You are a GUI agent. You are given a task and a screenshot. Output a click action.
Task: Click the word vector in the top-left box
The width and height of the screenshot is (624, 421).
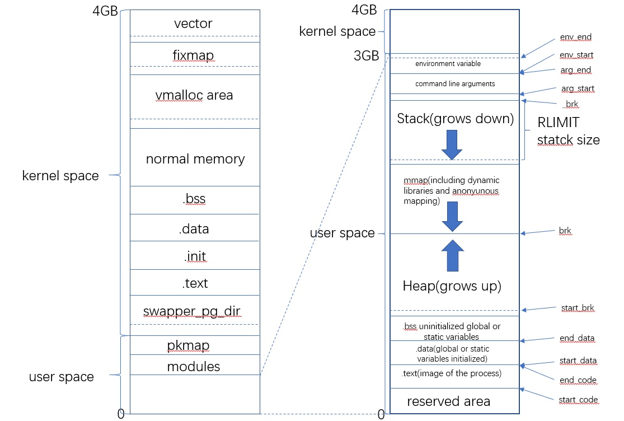coord(193,24)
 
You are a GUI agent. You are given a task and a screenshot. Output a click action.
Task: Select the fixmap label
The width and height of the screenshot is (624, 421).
coord(194,55)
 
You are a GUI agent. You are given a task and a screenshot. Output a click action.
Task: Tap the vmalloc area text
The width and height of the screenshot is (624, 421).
coord(194,95)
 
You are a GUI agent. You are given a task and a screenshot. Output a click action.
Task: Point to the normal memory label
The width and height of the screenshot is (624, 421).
coord(195,159)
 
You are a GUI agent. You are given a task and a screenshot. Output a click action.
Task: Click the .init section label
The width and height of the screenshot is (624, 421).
coord(195,256)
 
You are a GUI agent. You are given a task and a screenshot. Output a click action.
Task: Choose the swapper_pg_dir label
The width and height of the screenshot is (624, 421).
coord(192,311)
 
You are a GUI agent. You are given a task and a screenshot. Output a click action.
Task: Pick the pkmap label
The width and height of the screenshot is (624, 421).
coord(188,345)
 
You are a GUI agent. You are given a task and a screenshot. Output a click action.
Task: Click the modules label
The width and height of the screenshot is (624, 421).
coord(194,367)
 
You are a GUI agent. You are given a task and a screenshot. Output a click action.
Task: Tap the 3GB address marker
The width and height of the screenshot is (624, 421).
coord(366,56)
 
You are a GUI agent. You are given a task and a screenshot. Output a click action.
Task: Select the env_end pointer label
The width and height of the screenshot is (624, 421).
coord(575,37)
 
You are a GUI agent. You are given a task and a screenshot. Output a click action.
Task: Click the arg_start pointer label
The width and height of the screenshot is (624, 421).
coord(578,88)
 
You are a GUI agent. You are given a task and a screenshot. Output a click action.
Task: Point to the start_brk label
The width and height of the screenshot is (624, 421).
coord(578,307)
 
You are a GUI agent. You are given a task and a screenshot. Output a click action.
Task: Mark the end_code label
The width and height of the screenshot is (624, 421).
coord(578,380)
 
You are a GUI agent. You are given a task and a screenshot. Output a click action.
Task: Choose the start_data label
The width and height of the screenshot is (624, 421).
coord(578,361)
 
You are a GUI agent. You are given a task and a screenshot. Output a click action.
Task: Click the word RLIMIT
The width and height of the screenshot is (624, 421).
coord(559,122)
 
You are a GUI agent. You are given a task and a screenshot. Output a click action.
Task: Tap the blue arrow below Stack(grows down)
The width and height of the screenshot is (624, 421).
coord(452,145)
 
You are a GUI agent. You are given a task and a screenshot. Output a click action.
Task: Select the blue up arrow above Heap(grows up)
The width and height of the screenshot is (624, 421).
coord(453,255)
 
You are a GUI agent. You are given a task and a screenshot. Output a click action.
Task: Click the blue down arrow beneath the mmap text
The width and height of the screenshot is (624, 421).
coord(453,217)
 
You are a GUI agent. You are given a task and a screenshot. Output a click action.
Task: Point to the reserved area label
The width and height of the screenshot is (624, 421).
coord(448,401)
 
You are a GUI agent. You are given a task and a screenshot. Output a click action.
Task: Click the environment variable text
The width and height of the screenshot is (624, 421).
coord(448,64)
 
